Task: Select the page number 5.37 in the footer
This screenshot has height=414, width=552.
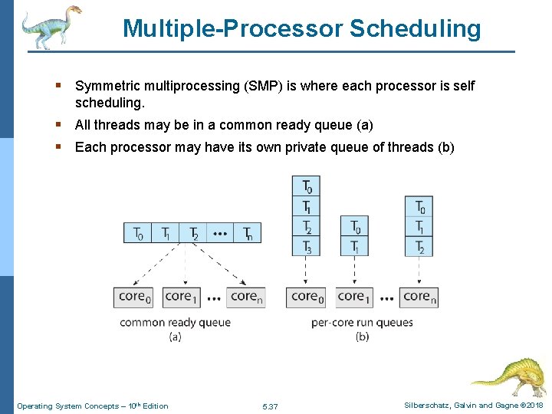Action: (270, 406)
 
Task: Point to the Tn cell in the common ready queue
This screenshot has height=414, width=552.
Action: (247, 233)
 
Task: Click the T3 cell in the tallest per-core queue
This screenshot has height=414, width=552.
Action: (307, 246)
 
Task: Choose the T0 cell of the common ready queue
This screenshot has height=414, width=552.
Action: (138, 233)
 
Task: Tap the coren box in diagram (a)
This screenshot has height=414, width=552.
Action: (246, 297)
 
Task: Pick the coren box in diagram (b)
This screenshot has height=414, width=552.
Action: (419, 297)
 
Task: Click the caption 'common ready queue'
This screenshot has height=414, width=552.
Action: (175, 323)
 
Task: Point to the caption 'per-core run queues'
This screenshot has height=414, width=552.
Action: (362, 323)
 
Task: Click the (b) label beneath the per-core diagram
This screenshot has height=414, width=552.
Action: (362, 337)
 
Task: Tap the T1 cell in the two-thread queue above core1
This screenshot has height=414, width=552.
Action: (355, 246)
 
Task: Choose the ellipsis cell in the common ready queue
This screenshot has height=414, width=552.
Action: (219, 233)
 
